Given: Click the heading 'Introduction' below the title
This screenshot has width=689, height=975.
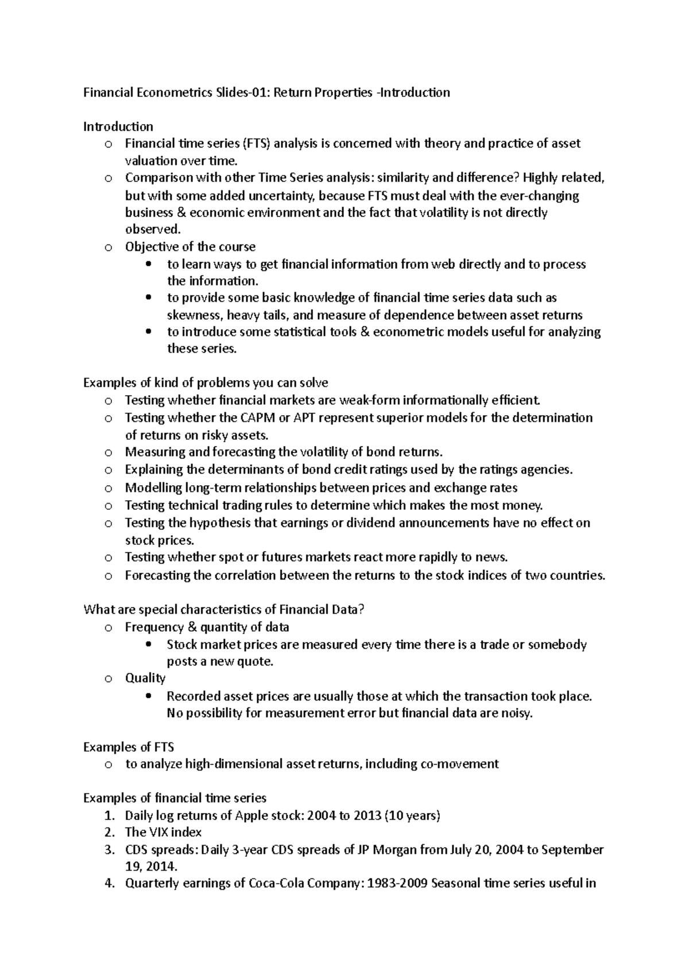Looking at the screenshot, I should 118,126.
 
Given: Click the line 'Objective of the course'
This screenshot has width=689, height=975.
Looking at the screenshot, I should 190,247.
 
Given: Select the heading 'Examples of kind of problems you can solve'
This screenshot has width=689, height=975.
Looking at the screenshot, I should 206,383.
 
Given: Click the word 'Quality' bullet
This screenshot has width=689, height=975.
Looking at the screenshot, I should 145,678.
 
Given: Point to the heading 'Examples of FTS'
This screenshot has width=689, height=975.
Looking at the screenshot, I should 129,747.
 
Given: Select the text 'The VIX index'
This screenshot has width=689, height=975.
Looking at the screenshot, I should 163,833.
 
